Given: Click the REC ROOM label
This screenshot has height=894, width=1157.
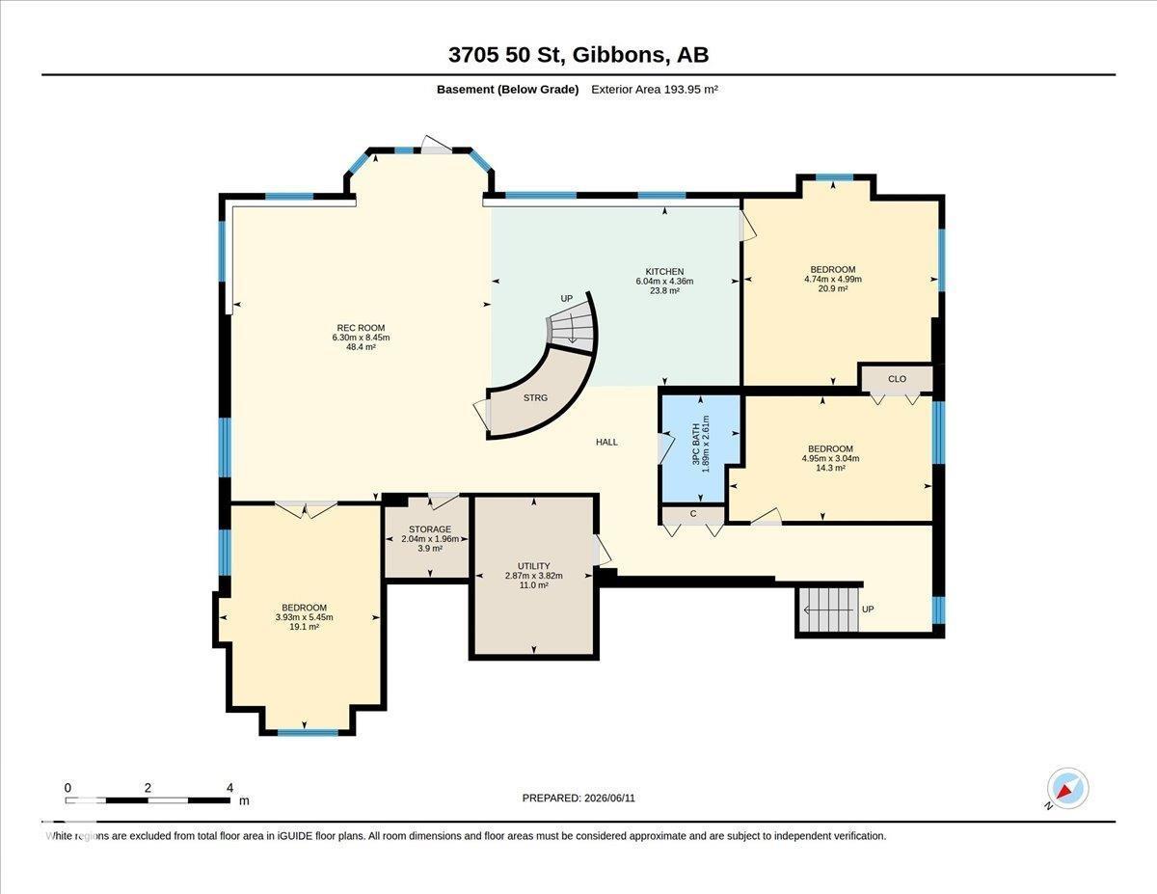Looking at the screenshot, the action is pos(361,328).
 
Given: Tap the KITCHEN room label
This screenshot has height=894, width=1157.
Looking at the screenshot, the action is pos(664,272).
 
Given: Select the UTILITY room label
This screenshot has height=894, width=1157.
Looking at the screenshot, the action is pos(533,566).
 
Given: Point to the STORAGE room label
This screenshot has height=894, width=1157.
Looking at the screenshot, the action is pos(430,529).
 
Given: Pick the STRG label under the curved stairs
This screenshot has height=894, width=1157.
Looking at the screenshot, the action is pos(535,397).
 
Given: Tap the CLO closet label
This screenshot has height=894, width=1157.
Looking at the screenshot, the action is pos(898,379).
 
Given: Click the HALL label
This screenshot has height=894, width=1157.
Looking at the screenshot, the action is pos(606,442).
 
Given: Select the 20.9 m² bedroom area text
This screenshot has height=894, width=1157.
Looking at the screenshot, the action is pos(833,288).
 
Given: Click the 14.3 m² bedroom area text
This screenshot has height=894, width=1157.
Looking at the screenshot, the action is pos(830,468).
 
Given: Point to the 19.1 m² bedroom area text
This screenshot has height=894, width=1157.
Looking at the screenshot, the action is pos(304,627).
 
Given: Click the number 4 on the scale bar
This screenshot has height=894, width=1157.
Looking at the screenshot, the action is pos(229,788).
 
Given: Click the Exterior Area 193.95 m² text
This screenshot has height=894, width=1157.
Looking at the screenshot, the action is pos(655,90).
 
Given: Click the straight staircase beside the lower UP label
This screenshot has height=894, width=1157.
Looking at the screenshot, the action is pos(829,610).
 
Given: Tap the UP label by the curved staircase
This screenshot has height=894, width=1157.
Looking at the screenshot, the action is pos(567,299).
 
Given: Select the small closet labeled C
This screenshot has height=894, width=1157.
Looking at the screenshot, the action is pos(693,515).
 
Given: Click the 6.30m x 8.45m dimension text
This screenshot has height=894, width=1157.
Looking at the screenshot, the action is pos(361,338).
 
